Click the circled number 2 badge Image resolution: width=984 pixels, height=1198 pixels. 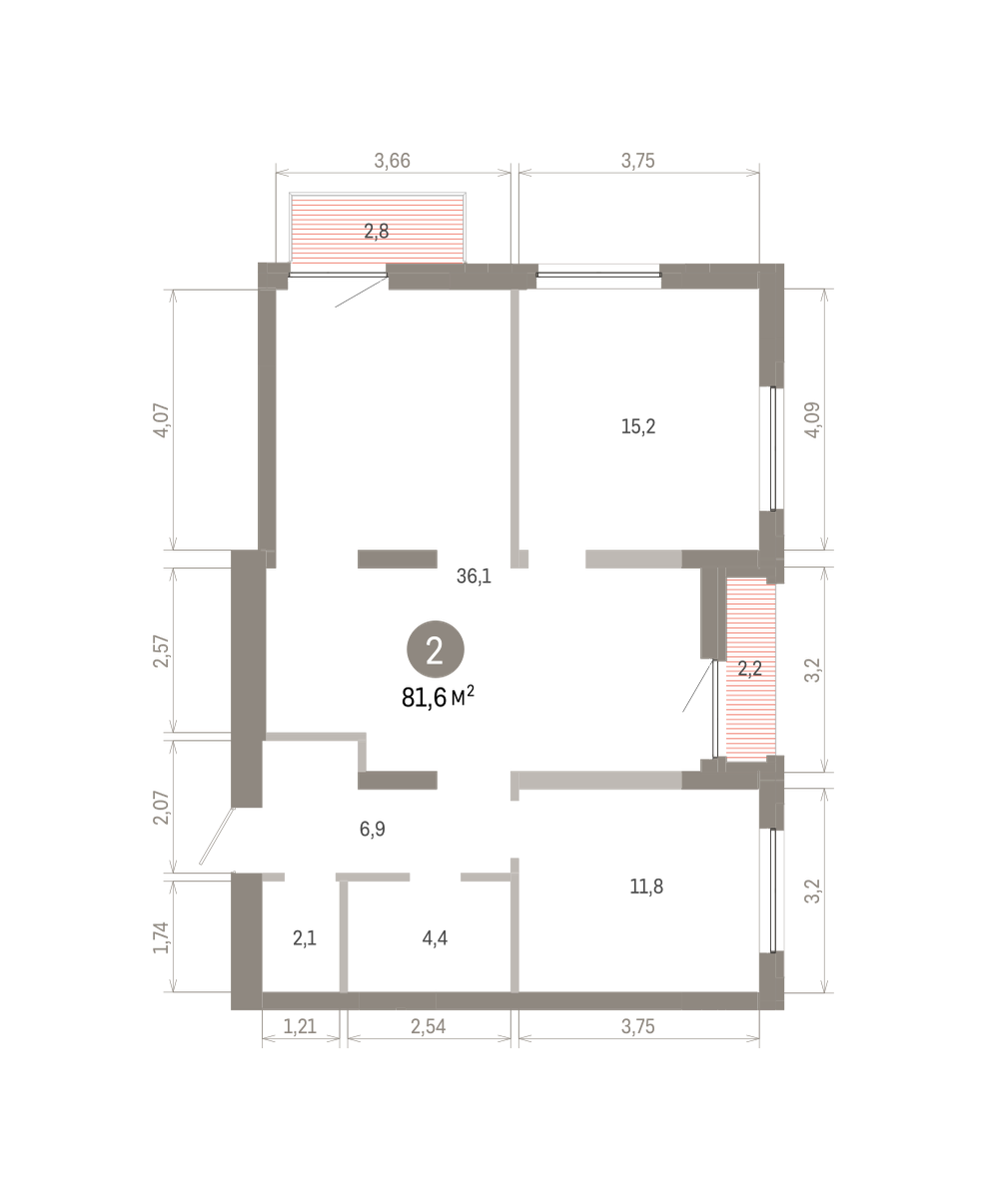(x=435, y=649)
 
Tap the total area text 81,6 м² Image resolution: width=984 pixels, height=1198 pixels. (x=438, y=697)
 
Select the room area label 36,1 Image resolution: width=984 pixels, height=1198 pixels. (x=474, y=576)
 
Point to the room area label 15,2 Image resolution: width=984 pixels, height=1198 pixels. (x=638, y=426)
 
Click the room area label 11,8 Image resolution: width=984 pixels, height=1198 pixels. (x=646, y=887)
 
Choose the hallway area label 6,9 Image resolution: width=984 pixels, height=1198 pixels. (x=373, y=829)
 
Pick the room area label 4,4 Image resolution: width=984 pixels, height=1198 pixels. (x=435, y=937)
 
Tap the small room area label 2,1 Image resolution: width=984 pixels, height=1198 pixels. (x=305, y=937)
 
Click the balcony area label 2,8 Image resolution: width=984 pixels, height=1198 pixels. (x=377, y=232)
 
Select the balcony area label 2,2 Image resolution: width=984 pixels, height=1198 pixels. (x=750, y=669)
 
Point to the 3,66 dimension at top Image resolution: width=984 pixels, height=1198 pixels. (x=393, y=161)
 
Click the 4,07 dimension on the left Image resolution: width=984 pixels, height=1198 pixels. (x=162, y=419)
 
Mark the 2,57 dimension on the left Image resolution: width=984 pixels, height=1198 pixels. (x=162, y=651)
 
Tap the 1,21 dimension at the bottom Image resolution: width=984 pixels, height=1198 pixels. (x=300, y=1026)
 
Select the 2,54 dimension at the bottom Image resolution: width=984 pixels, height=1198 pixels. (x=428, y=1026)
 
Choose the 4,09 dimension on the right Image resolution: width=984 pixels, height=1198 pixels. (x=813, y=419)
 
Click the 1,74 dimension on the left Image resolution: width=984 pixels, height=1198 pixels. (x=162, y=937)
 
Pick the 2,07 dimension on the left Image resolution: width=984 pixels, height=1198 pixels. (x=162, y=808)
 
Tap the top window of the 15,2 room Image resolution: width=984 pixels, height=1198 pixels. (x=598, y=275)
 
